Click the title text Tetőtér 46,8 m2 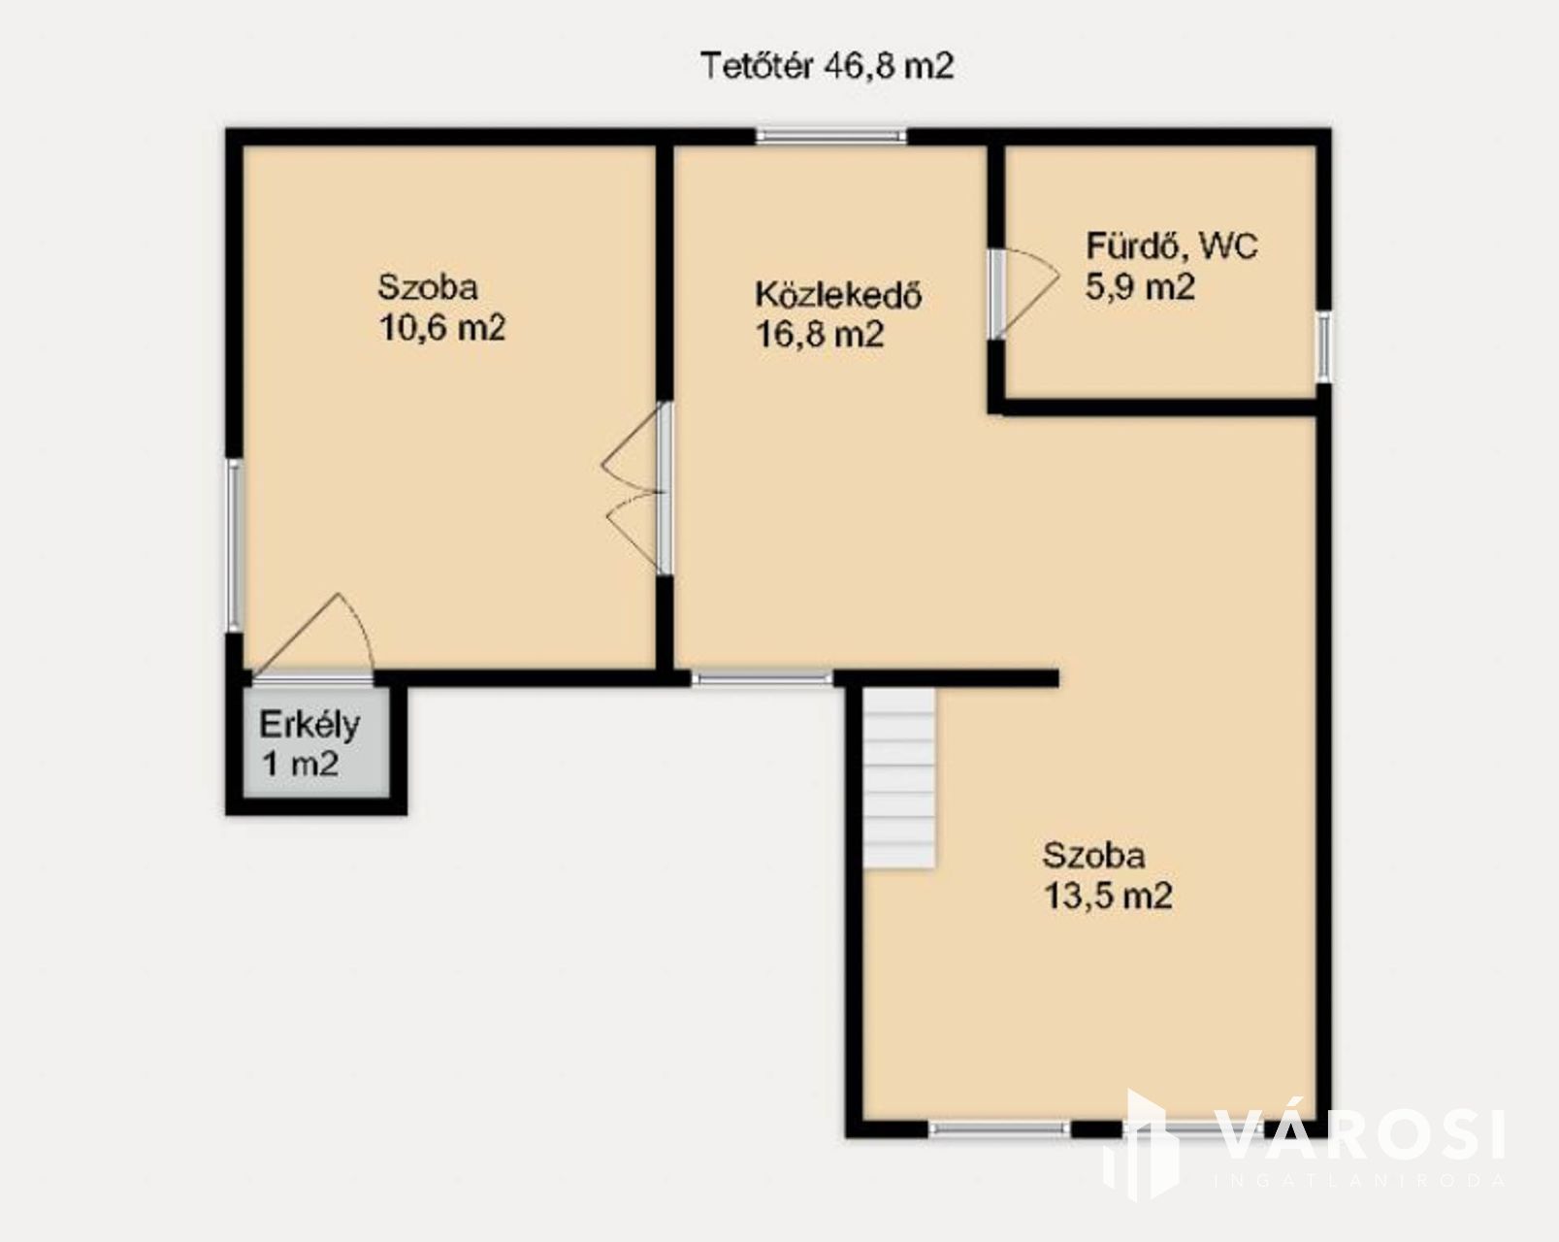pyautogui.click(x=827, y=67)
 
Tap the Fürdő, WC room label pyautogui.click(x=1171, y=246)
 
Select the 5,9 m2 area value pyautogui.click(x=1140, y=287)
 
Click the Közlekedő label pyautogui.click(x=838, y=295)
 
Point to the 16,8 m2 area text pyautogui.click(x=820, y=336)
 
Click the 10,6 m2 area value pyautogui.click(x=442, y=328)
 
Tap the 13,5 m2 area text pyautogui.click(x=1108, y=897)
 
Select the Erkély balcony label pyautogui.click(x=309, y=726)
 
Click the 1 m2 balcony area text pyautogui.click(x=300, y=764)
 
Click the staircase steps pyautogui.click(x=899, y=777)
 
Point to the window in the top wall pyautogui.click(x=831, y=136)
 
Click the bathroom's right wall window pyautogui.click(x=1323, y=346)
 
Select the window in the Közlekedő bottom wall pyautogui.click(x=762, y=679)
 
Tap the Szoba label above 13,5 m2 pyautogui.click(x=1094, y=856)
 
